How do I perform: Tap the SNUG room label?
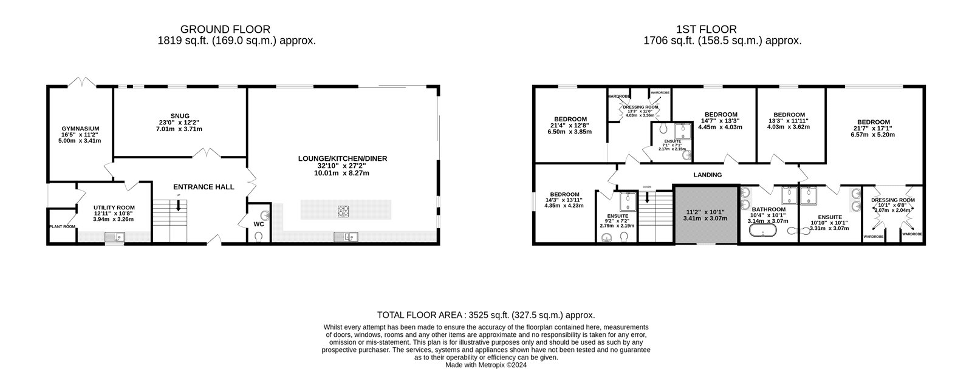click(x=180, y=115)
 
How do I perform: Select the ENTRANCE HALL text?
click(x=204, y=187)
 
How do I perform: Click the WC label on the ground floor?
click(x=259, y=224)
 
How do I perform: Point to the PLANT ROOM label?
click(x=63, y=226)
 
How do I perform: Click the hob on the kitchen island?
click(x=344, y=211)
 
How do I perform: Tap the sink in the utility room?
click(x=114, y=237)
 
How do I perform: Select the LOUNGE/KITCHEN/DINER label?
click(x=342, y=158)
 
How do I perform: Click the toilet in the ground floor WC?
click(x=260, y=238)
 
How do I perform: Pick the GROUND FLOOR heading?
click(x=225, y=29)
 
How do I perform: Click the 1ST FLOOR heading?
click(x=707, y=29)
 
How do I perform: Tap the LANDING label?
click(x=708, y=175)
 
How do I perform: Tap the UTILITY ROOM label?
click(x=114, y=207)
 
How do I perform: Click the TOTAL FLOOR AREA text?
click(x=485, y=315)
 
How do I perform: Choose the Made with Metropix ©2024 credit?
click(x=486, y=365)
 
